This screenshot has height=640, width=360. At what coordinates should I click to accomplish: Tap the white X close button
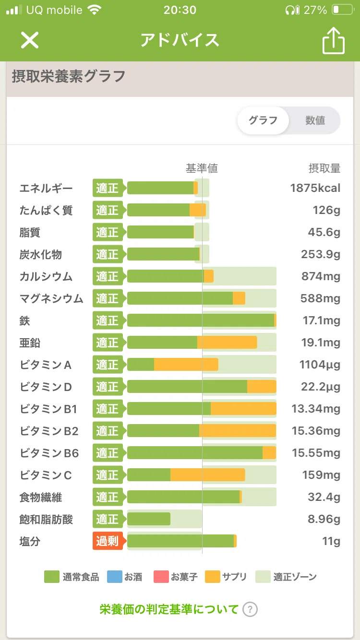[x=30, y=40]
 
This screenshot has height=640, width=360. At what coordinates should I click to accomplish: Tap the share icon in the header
[x=334, y=41]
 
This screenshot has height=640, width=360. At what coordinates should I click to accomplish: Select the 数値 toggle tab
[x=315, y=120]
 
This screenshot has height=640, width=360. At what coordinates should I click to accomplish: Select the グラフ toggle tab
[x=263, y=120]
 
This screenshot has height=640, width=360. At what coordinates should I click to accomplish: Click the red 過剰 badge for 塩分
[x=108, y=541]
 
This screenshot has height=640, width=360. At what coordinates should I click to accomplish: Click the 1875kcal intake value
[x=315, y=188]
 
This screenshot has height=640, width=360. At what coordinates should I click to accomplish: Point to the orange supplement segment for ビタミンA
[x=186, y=364]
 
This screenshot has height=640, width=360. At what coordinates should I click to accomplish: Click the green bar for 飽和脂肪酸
[x=149, y=519]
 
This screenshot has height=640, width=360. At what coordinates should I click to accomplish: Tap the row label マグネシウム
[x=51, y=298]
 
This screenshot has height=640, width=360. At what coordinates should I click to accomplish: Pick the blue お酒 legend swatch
[x=115, y=577]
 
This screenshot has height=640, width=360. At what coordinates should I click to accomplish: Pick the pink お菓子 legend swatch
[x=161, y=577]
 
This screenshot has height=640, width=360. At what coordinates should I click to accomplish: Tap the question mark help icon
[x=250, y=609]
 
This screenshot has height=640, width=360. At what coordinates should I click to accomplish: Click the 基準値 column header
[x=202, y=168]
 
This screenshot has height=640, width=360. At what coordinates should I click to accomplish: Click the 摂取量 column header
[x=324, y=168]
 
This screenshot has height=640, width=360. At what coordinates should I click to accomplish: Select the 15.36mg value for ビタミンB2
[x=316, y=430]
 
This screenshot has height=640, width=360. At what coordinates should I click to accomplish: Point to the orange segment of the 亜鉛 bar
[x=227, y=342]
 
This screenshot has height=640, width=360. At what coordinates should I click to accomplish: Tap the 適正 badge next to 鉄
[x=108, y=320]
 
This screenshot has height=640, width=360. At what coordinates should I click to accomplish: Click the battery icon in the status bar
[x=343, y=10]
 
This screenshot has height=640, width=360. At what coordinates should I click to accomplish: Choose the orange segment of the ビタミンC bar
[x=207, y=475]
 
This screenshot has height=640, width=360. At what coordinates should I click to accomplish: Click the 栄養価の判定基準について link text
[x=168, y=609]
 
